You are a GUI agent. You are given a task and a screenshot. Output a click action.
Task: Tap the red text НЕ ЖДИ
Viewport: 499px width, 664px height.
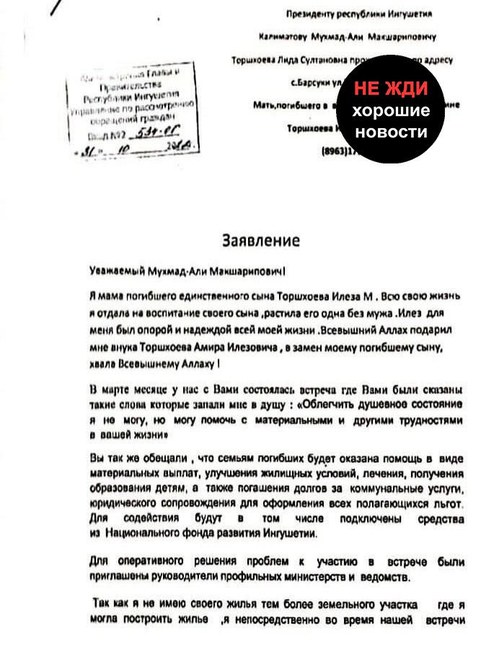(x=390, y=89)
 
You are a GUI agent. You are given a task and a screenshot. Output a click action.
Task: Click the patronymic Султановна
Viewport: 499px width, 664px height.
(x=310, y=60)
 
